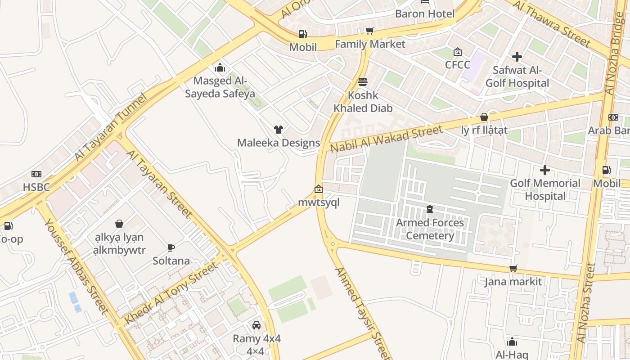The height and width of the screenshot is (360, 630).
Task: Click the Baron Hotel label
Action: click(x=425, y=13)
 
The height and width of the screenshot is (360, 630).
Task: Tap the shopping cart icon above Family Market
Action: click(x=369, y=31)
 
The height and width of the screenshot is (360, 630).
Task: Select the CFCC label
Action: click(x=457, y=64)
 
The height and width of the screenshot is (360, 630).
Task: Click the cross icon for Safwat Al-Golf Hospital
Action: click(x=517, y=57)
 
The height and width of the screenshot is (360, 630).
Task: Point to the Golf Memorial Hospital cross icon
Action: click(x=545, y=170)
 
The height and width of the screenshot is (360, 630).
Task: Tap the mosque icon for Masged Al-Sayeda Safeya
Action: click(x=220, y=67)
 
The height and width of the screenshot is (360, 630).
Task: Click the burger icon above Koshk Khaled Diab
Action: click(x=363, y=82)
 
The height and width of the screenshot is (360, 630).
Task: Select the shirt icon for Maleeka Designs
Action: click(x=279, y=130)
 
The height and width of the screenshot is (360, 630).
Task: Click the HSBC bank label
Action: click(x=36, y=187)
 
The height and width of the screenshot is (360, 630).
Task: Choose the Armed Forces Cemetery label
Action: click(x=430, y=229)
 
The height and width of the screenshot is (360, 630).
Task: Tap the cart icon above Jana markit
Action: click(x=513, y=269)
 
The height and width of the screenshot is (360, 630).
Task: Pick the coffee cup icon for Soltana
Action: click(x=171, y=247)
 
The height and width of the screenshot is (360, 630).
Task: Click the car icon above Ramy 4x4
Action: click(x=256, y=325)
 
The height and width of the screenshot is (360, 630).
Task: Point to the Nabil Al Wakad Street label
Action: click(x=386, y=139)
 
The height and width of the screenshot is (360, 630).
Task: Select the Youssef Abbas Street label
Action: click(x=76, y=266)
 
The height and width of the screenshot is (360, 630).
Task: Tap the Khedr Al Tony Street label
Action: click(x=171, y=293)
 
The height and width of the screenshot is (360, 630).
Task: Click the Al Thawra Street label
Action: click(x=551, y=23)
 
